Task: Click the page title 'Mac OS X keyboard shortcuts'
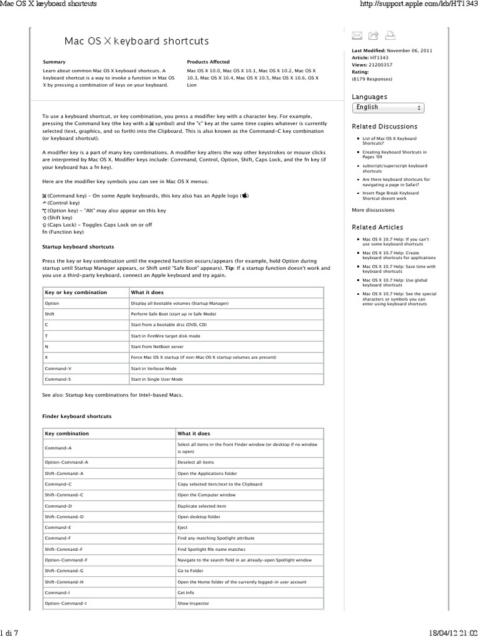click(137, 41)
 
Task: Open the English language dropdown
click(388, 107)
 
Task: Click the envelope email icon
click(358, 35)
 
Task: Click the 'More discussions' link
click(373, 210)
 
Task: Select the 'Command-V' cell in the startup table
click(58, 368)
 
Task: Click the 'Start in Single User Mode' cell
click(157, 379)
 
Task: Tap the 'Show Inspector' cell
click(193, 603)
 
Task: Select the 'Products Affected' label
click(208, 62)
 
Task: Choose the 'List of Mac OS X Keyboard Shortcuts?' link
click(390, 141)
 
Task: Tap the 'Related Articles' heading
click(378, 227)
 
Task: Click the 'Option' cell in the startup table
click(52, 303)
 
